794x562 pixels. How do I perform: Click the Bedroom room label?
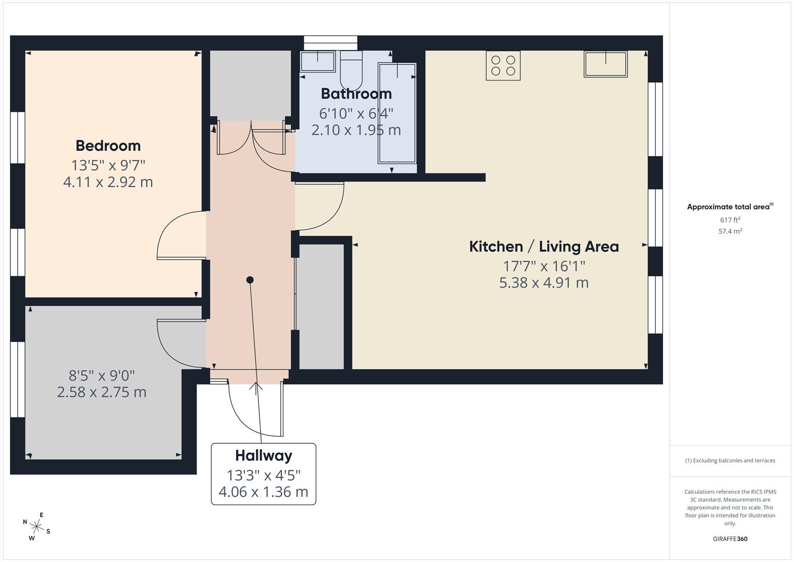coord(108,146)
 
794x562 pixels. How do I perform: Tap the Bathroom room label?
coord(356,94)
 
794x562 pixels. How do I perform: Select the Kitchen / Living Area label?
coord(544,247)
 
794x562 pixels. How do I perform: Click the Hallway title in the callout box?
coord(264,456)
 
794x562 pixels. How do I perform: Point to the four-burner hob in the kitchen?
coord(503,66)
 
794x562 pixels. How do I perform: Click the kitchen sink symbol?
coord(605,64)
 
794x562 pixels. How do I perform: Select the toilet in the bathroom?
coord(351,71)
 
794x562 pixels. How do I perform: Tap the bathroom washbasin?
coord(317,61)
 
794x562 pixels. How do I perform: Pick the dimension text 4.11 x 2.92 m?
coord(108,182)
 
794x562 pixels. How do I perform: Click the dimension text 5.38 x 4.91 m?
coord(544,283)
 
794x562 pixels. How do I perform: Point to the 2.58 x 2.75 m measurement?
coord(102,392)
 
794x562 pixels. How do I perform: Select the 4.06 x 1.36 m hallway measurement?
coord(264,492)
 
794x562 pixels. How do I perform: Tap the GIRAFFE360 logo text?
coord(730,539)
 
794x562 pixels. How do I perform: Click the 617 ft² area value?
coord(730,220)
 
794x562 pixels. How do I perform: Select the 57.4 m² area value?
coord(730,232)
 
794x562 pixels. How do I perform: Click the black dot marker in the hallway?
coord(250,280)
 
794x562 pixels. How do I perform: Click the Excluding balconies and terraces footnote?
coord(730,461)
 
